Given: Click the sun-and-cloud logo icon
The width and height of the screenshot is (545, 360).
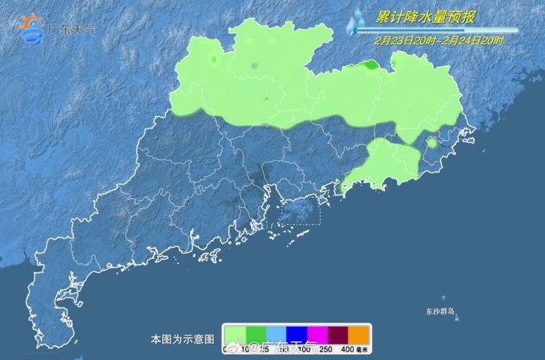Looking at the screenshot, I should coord(30,29).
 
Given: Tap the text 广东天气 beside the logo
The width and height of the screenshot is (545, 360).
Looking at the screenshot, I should coord(71,30).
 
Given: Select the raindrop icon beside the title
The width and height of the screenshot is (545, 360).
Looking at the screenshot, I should coord(355,23).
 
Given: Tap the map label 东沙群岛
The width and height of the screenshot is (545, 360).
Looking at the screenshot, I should coord(440,312).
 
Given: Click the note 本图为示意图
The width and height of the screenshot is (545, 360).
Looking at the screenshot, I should coord(182,338).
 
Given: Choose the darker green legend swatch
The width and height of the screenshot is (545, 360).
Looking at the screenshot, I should coord(256,334).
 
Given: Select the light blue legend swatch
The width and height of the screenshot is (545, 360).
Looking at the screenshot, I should coord(276,334).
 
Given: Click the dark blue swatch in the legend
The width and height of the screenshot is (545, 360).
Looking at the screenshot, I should coord(297,334).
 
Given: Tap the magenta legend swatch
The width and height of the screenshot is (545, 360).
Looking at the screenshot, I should coord(317,334).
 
